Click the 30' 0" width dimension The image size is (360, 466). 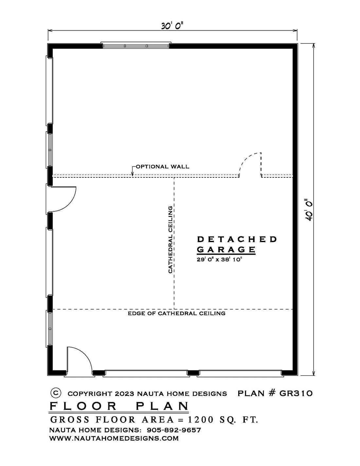[172, 26]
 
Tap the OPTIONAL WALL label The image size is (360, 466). [163, 167]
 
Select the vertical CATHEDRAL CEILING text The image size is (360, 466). [171, 240]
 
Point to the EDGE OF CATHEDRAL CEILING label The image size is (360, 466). [177, 313]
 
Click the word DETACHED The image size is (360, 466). [237, 239]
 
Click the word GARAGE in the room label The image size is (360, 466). [226, 249]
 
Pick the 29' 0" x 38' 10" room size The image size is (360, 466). [219, 259]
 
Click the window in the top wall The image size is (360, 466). [136, 45]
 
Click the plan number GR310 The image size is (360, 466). [296, 393]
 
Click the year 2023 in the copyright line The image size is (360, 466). [124, 394]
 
